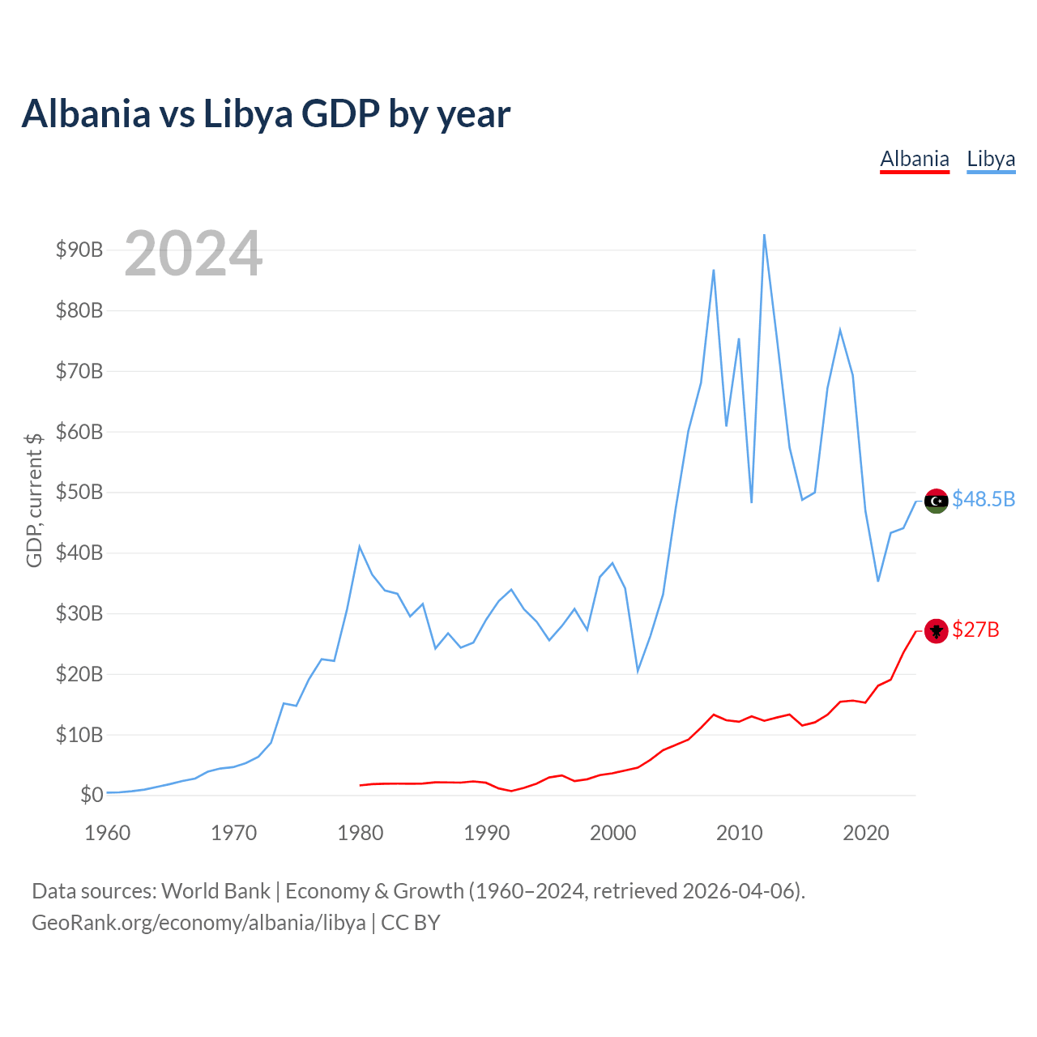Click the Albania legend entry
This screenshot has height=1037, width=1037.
[914, 160]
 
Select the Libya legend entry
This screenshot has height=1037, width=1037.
[991, 160]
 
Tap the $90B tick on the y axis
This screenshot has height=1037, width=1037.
[79, 250]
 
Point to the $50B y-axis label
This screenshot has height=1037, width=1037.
[79, 492]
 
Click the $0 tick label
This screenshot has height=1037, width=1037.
[92, 795]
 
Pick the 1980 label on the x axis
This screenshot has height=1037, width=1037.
[360, 833]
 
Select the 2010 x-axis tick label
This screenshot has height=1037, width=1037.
[739, 833]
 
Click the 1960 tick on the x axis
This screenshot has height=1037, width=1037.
[108, 833]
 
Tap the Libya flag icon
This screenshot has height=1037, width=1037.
[936, 501]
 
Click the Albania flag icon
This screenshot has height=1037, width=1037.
[936, 630]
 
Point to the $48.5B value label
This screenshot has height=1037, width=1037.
[984, 499]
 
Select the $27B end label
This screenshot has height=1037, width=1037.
[975, 629]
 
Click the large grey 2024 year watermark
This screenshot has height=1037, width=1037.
[194, 253]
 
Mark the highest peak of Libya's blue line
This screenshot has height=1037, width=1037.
[764, 235]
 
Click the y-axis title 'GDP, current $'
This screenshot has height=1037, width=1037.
[34, 500]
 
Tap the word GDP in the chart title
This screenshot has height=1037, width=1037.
[340, 113]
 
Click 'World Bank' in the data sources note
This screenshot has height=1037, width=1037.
[216, 892]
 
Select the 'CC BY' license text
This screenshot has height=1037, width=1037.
[411, 923]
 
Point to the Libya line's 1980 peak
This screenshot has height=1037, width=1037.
[360, 547]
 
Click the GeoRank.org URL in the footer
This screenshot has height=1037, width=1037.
[198, 924]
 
